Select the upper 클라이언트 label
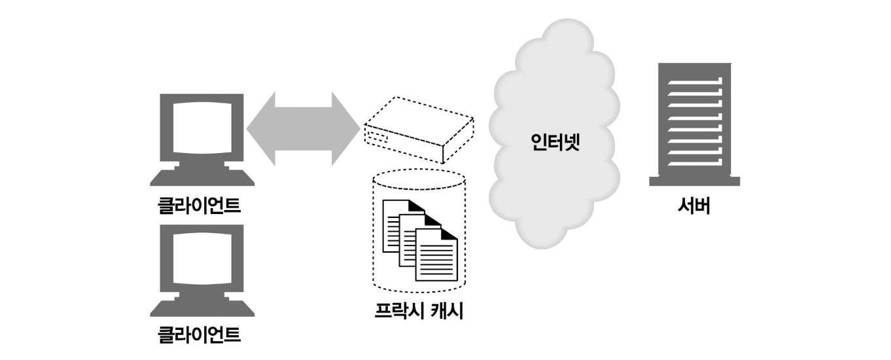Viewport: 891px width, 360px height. [x=199, y=206]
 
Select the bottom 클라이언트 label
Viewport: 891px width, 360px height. [x=199, y=336]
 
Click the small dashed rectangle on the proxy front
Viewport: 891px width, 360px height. [x=377, y=139]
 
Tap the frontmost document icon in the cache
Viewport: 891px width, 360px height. [x=437, y=255]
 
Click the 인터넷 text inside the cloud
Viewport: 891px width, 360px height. [x=555, y=141]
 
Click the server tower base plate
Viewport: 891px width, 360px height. [x=694, y=181]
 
